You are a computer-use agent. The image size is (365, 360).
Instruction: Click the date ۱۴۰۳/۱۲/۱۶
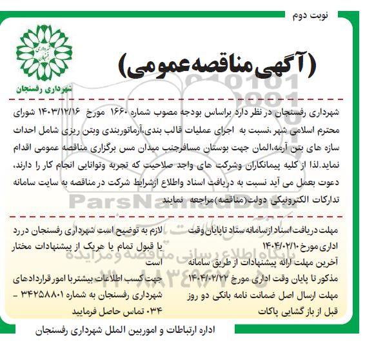(68, 111)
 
